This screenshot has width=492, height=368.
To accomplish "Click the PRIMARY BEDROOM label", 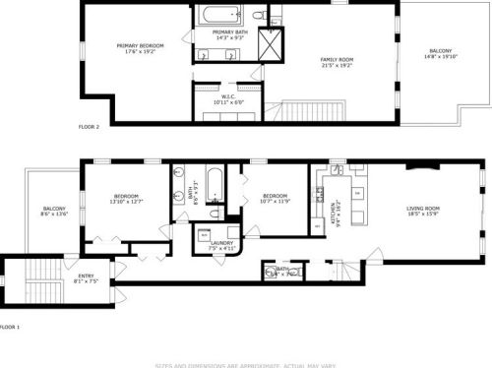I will [140, 45].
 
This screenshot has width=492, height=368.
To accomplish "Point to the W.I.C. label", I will [226, 96].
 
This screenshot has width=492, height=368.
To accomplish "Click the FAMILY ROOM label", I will [336, 60].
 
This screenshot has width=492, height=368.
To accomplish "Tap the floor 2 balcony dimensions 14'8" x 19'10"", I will [440, 56].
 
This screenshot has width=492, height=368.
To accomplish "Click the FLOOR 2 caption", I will [90, 127].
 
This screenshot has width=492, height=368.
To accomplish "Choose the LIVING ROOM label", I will [423, 208].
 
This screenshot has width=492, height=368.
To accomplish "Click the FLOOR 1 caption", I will [10, 326].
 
